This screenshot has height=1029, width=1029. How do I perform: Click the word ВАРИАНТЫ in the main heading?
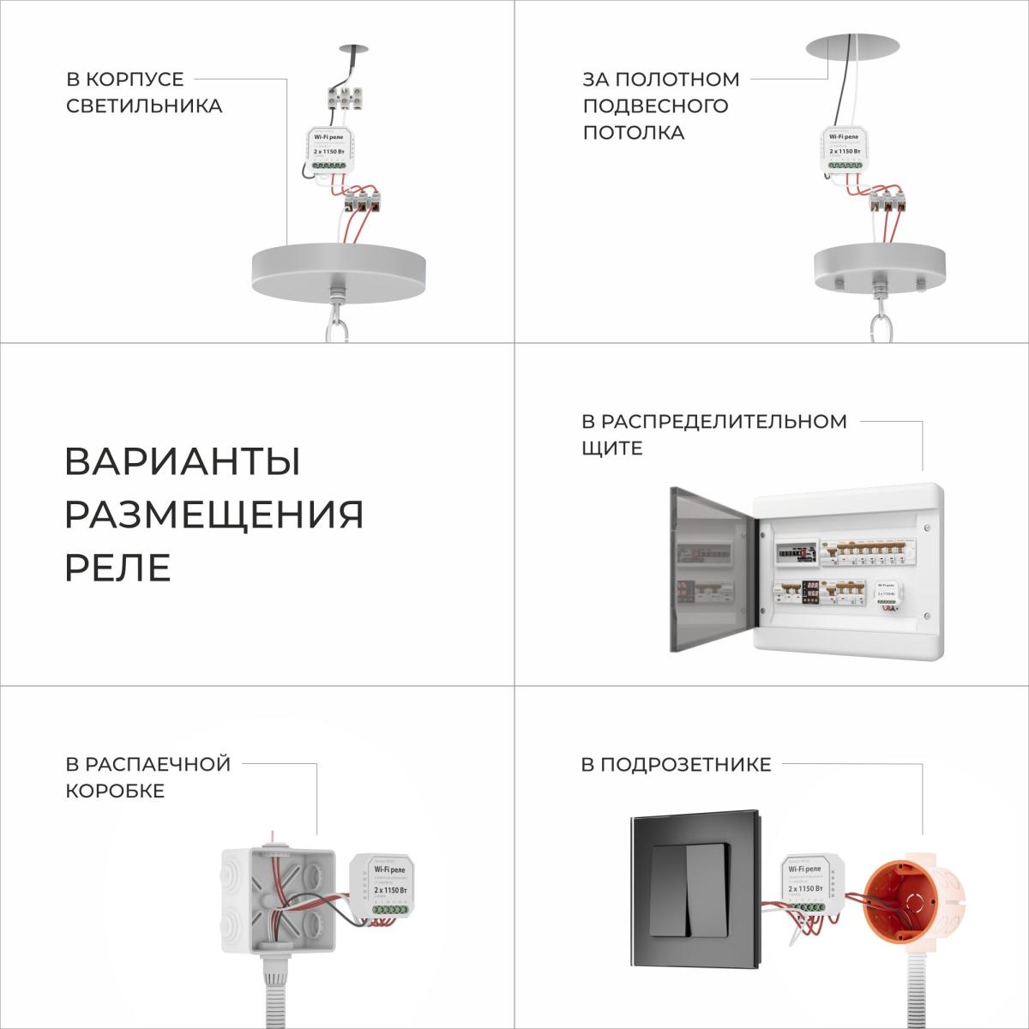(182, 462)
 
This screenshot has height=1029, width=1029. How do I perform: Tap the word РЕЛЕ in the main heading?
(117, 567)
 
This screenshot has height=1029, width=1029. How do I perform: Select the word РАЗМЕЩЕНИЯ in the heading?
(214, 514)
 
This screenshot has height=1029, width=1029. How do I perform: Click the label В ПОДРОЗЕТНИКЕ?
(676, 764)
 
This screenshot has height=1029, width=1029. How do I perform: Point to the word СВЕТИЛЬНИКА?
(144, 105)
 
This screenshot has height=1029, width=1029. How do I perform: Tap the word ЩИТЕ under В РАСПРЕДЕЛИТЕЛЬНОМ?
(611, 448)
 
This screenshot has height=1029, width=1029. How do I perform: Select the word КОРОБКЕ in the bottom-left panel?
(115, 791)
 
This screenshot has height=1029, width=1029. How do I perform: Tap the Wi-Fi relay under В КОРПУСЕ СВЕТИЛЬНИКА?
(329, 149)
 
